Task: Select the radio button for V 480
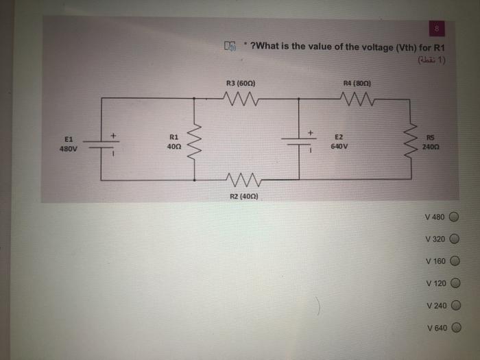click(x=453, y=217)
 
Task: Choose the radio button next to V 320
click(x=453, y=239)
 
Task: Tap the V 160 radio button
click(x=453, y=261)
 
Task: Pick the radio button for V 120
click(x=453, y=283)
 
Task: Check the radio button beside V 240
click(x=453, y=306)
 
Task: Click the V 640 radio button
click(x=453, y=328)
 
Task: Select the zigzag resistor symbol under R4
click(x=357, y=100)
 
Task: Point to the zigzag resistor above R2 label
click(x=241, y=181)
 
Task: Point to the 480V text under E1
click(x=69, y=148)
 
